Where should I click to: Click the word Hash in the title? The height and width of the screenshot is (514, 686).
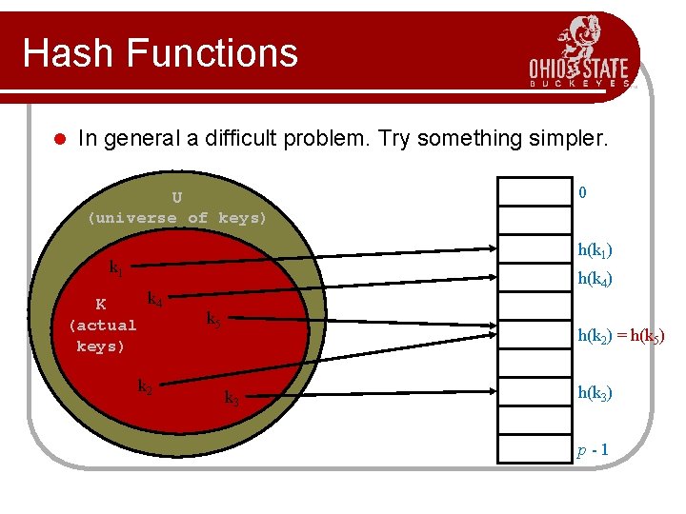67,53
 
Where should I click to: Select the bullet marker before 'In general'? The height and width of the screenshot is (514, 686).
57,140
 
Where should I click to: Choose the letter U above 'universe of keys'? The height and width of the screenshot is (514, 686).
177,198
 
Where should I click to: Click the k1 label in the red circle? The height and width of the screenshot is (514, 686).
115,268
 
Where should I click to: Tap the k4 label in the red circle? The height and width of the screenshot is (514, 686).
154,301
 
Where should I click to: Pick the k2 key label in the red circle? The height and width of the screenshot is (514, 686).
145,386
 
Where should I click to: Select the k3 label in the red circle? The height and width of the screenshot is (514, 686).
232,399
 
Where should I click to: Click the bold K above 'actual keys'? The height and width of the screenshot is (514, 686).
101,306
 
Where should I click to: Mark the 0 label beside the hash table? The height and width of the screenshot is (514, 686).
582,193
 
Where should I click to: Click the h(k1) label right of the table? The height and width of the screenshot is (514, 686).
595,250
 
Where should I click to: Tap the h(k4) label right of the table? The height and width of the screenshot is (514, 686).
595,279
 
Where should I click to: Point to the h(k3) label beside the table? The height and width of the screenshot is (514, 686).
595,393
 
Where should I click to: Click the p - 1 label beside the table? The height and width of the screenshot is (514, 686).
593,449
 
